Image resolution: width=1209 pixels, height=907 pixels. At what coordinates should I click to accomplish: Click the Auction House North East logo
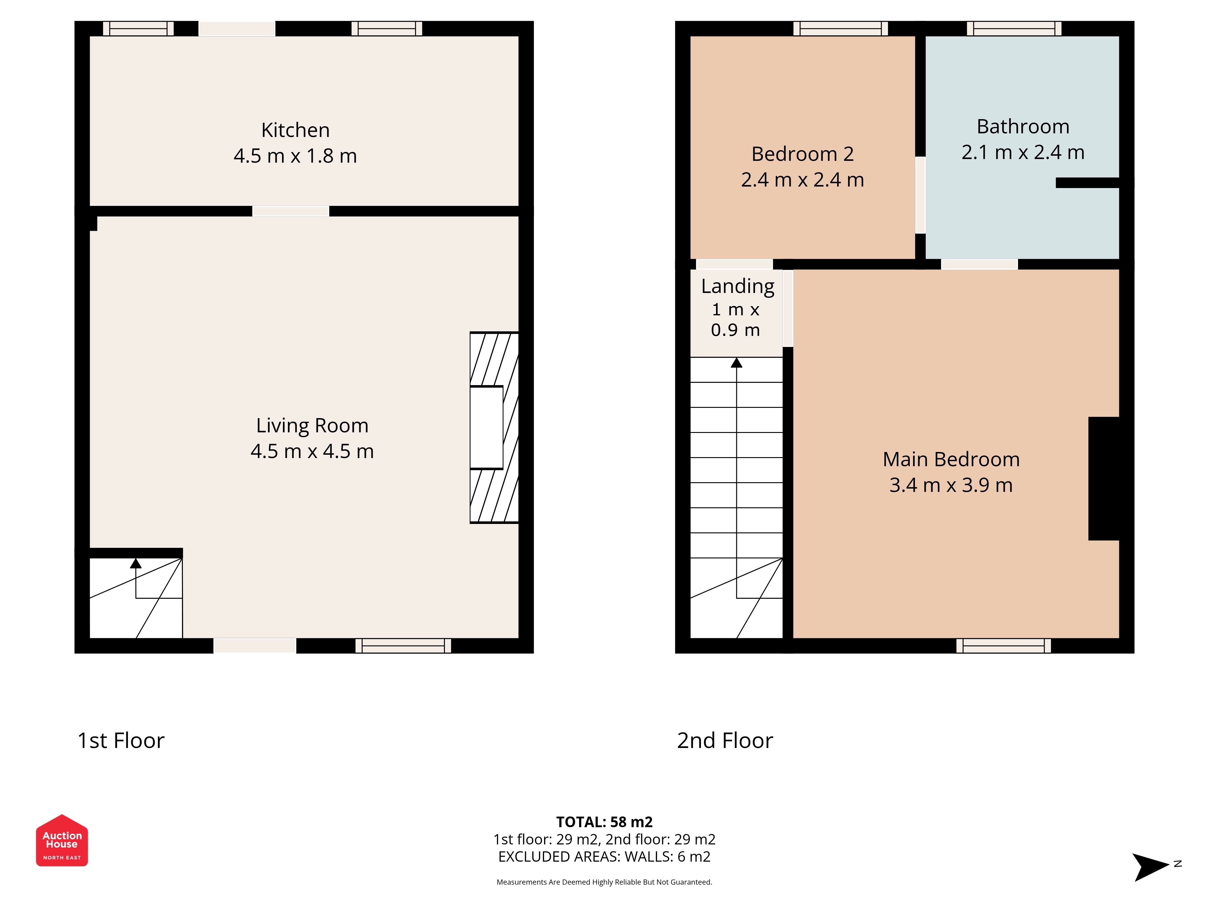(x=62, y=840)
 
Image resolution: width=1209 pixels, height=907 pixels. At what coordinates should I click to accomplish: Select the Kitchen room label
(x=295, y=130)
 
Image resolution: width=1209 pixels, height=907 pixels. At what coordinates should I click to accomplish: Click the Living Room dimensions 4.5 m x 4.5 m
(x=312, y=451)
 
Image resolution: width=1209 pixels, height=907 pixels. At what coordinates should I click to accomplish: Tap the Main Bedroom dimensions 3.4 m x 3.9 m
(x=951, y=485)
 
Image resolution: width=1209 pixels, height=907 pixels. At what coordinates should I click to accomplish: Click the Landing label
(x=737, y=287)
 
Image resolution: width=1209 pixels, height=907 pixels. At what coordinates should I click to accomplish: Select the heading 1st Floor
(x=121, y=740)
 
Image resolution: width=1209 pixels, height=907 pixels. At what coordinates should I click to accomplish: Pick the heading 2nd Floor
(x=725, y=740)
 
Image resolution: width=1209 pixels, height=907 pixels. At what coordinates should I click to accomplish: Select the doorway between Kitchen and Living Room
(x=291, y=211)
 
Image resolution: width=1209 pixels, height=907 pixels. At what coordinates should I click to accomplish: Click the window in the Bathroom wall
(x=1014, y=28)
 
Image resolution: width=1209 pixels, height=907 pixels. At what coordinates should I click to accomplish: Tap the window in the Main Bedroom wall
(x=1003, y=646)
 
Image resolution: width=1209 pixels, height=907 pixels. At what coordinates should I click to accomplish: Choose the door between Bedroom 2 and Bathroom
(x=920, y=195)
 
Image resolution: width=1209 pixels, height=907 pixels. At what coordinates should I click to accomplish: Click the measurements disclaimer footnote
(x=604, y=882)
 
